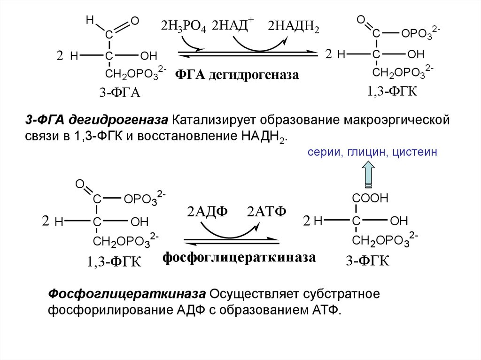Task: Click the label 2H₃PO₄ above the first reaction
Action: [183, 26]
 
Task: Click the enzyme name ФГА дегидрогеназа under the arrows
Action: [237, 75]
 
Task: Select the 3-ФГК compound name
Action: [368, 261]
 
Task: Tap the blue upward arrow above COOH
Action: [368, 172]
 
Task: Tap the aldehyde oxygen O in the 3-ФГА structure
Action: [135, 21]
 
